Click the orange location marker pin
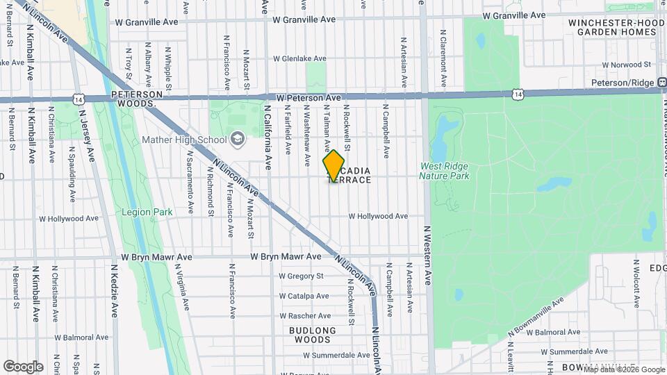tap(333, 166)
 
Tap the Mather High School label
tap(184, 140)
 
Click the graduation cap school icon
tap(238, 140)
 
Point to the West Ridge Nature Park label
tap(444, 171)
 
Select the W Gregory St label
tap(302, 276)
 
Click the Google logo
tap(23, 366)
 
